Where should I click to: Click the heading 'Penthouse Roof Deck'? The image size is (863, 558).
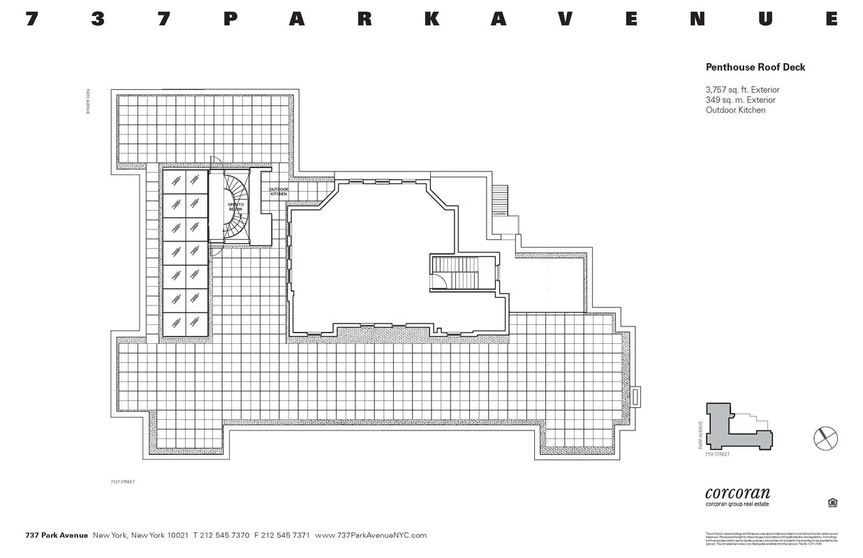point(755,67)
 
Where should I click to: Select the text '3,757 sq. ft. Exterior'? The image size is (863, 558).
point(742,89)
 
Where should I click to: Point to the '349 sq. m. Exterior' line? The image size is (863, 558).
point(740,100)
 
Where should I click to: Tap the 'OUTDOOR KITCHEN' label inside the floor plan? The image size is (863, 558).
point(279,191)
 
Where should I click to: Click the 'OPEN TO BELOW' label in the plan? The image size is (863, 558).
point(235,206)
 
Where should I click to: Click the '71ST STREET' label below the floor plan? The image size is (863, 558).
point(123,481)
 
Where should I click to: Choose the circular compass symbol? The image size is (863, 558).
point(825,438)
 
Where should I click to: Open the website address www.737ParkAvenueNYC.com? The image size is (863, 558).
point(371,535)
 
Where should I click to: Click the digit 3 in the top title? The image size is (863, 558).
point(98,19)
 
